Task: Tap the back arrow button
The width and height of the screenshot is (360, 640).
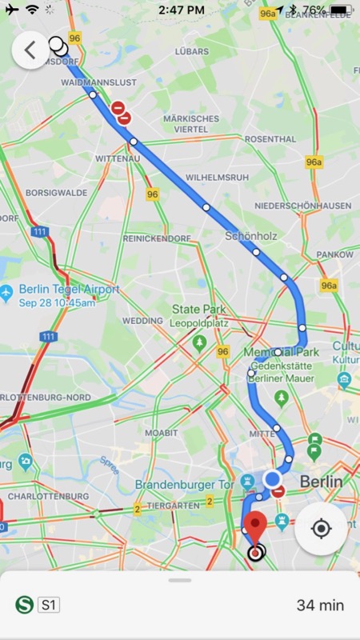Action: tap(30, 50)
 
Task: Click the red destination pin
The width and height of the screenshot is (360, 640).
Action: tap(255, 527)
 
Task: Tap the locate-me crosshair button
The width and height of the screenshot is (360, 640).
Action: tap(321, 529)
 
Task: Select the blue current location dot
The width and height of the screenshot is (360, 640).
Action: tap(272, 478)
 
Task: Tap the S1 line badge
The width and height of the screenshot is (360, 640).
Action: tap(50, 605)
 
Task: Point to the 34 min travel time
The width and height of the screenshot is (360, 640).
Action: tap(320, 605)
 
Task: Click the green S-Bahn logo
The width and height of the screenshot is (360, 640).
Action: tap(24, 605)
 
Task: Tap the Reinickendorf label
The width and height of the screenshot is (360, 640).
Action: tap(157, 238)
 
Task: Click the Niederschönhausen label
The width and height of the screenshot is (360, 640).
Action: tap(302, 206)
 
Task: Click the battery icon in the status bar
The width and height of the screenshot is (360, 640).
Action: tap(340, 10)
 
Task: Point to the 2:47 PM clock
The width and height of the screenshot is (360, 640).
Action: tap(180, 10)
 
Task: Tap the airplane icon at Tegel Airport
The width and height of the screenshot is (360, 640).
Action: tap(7, 290)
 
